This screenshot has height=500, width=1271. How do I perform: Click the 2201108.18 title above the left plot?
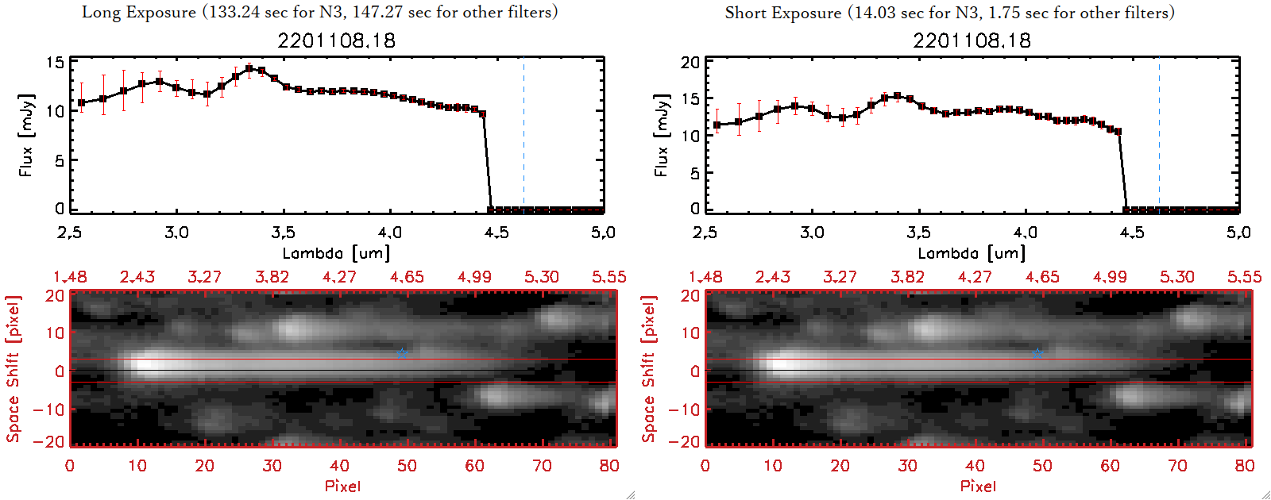[x=336, y=40]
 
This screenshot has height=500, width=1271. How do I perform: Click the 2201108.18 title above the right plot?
[x=972, y=40]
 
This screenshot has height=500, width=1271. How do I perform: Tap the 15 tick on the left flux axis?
[x=55, y=63]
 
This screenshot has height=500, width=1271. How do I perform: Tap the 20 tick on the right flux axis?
[x=690, y=63]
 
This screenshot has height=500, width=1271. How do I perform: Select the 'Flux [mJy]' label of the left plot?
[x=26, y=135]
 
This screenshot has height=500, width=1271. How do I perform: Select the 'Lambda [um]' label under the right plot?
[x=972, y=253]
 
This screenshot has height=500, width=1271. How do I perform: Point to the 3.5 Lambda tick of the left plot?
[x=283, y=233]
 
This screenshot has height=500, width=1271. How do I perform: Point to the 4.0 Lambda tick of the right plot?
[x=1026, y=233]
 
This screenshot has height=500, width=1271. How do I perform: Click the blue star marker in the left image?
[x=402, y=352]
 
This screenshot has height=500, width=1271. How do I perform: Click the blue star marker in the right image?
[x=1037, y=352]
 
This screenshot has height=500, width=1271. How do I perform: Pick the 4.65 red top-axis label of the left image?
[x=407, y=277]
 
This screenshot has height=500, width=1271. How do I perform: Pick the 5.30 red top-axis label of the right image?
[x=1176, y=277]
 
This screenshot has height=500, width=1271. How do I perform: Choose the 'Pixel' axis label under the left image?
[x=342, y=486]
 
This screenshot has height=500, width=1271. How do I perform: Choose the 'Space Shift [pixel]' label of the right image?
[x=649, y=369]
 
